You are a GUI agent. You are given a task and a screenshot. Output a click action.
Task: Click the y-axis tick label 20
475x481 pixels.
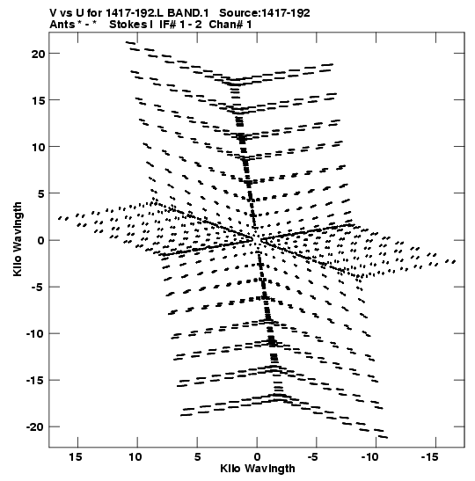point(38,54)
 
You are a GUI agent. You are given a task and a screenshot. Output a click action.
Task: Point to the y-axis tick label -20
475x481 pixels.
point(35,427)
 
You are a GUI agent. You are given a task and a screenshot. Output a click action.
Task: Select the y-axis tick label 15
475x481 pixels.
point(38,100)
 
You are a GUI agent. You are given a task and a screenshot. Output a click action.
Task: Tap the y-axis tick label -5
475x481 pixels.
point(38,288)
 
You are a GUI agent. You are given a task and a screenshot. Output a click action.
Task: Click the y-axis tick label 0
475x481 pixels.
point(40,241)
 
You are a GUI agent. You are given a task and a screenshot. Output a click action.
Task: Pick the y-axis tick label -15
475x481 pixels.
point(35,381)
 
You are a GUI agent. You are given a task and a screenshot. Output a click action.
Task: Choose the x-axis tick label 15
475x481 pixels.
point(75,457)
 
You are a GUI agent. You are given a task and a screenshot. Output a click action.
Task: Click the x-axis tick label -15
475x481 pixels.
point(429,457)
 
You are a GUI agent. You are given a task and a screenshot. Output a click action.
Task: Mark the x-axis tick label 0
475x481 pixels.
point(257,457)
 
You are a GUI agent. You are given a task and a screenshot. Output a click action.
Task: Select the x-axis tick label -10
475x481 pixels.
point(369,457)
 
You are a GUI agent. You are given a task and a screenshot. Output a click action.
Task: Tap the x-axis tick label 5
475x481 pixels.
point(197,457)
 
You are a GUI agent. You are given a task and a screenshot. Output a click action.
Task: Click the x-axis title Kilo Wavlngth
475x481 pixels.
point(258,469)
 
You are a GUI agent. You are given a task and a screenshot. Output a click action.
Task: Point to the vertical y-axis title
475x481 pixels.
point(18,239)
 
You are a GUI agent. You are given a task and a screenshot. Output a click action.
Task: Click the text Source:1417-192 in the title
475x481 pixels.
point(265,13)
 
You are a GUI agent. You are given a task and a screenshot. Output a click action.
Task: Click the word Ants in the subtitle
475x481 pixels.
point(62,25)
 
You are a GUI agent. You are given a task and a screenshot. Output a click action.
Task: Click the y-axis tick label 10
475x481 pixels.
point(38,147)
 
